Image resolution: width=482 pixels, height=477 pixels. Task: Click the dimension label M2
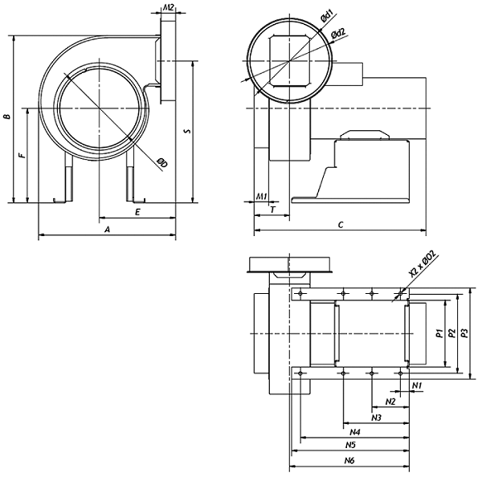coord(168,8)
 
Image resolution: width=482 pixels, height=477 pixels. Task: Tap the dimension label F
coord(22,155)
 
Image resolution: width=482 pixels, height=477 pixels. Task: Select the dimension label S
coord(187,131)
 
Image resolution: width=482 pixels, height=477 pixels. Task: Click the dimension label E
coord(137,212)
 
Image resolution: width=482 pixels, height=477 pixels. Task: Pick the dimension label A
coord(107,230)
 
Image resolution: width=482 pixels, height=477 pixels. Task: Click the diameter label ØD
coord(161,163)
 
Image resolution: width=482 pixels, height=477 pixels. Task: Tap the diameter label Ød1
coord(327,17)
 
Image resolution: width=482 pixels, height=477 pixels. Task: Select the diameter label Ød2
coord(338,33)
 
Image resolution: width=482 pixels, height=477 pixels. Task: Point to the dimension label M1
coord(262,196)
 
